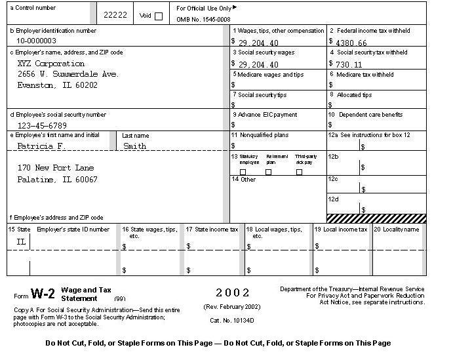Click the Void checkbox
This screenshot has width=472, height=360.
pos(159,16)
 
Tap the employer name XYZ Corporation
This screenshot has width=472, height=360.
pos(50,64)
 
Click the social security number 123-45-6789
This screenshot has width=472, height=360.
pos(42,125)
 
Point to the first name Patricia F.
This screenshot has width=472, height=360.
pos(40,146)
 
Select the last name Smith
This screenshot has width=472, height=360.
pos(134,146)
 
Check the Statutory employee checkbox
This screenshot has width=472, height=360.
pos(243,172)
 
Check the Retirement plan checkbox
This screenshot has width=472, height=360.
pos(268,172)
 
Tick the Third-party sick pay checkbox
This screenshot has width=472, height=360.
pos(299,172)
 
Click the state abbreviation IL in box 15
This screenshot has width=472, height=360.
pos(21,242)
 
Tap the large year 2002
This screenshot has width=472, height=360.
pos(233,292)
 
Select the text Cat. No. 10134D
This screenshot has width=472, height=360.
pos(232,320)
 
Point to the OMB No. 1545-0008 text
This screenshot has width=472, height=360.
pos(204,20)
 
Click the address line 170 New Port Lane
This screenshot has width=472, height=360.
pos(56,168)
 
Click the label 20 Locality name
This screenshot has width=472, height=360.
pos(396,230)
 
